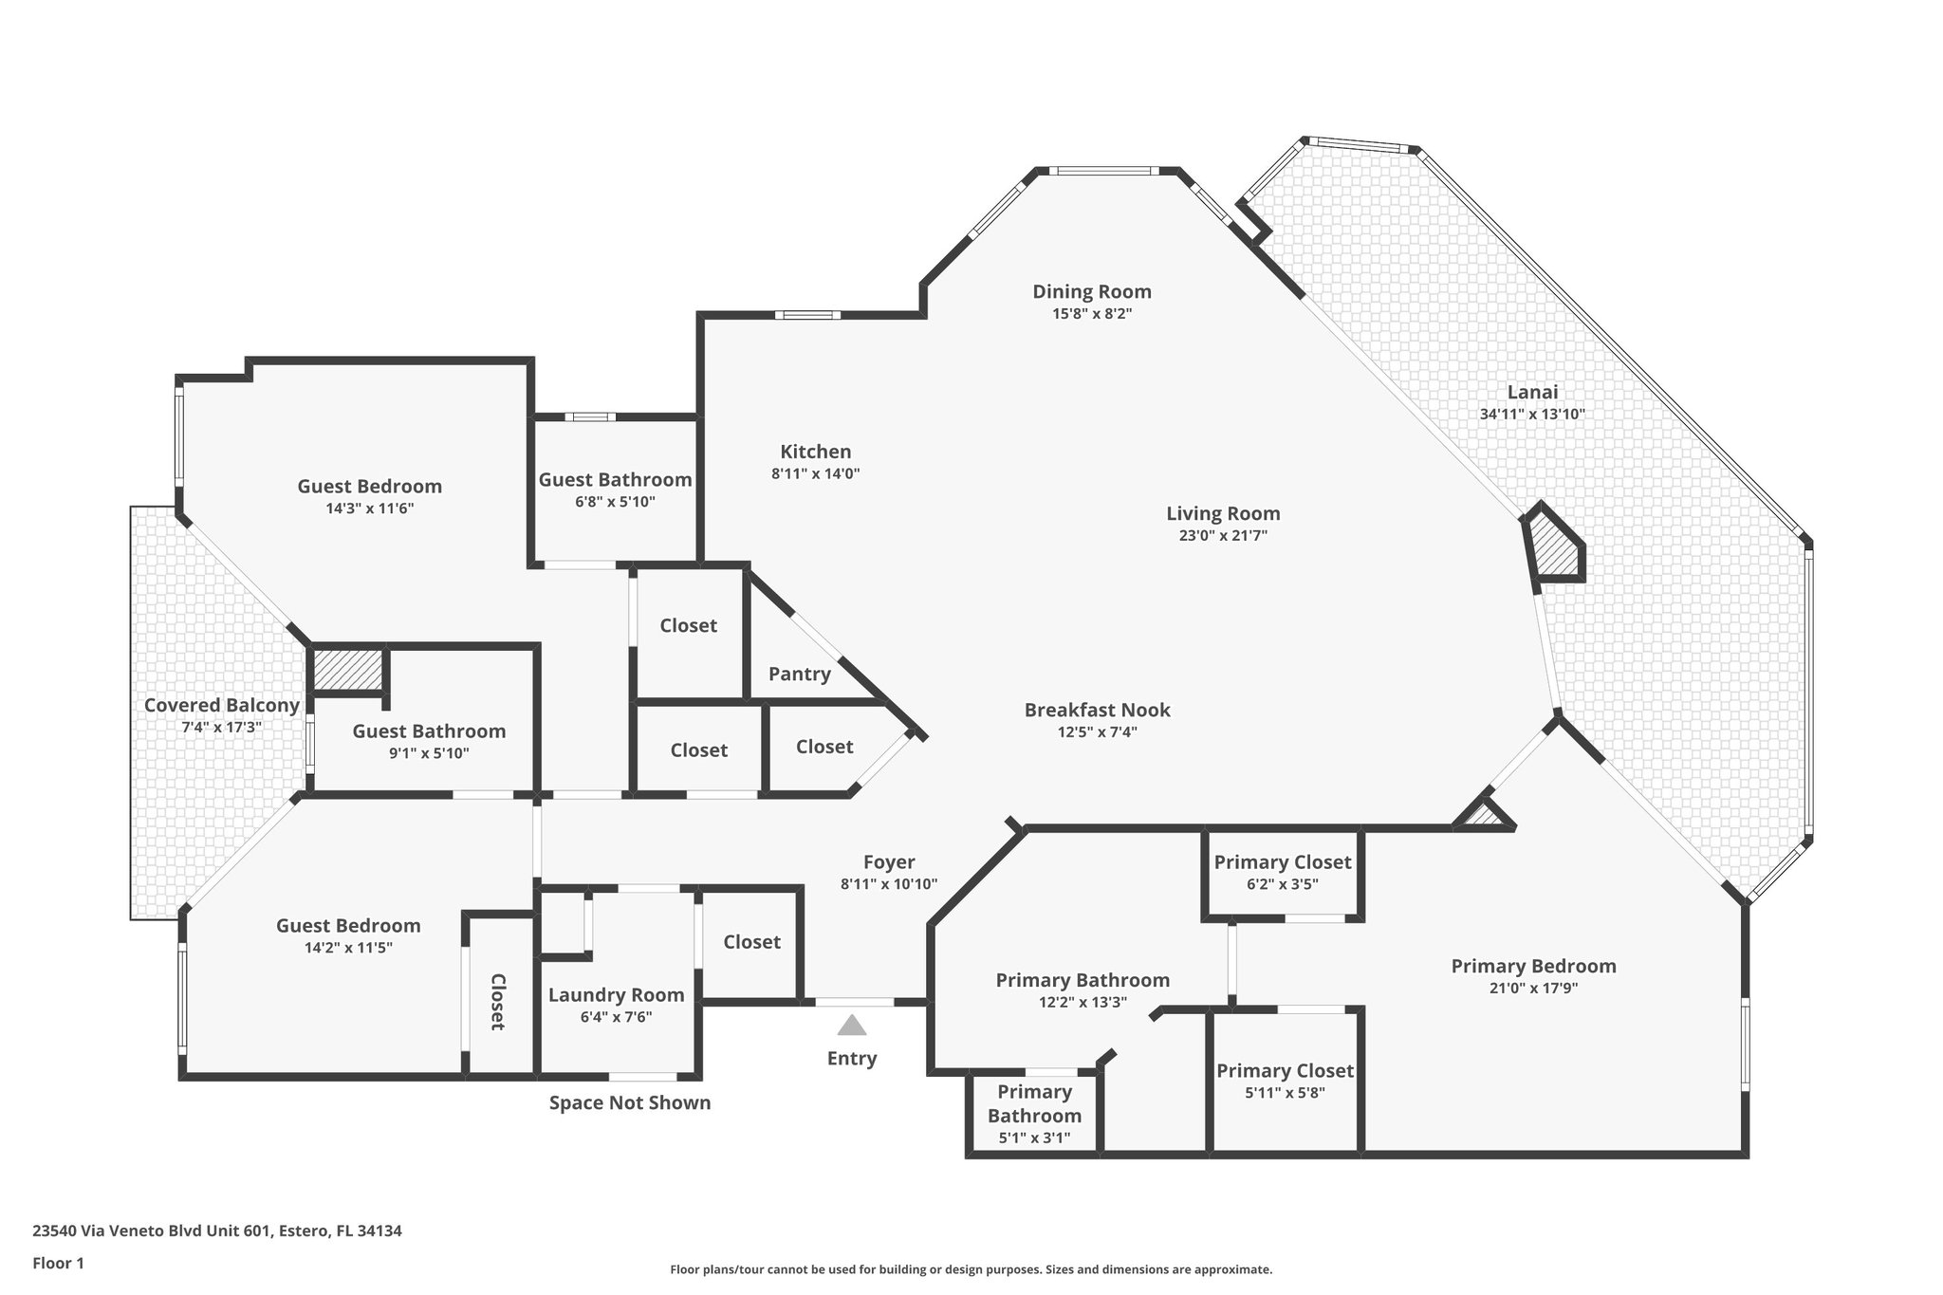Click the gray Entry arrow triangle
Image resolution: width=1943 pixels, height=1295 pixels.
tap(852, 1027)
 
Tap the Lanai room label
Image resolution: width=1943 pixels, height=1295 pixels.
tap(1532, 392)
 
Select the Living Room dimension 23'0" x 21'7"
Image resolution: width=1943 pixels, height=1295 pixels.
tap(1223, 535)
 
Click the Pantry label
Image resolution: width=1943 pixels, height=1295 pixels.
tap(799, 674)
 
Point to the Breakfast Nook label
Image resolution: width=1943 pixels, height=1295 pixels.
tap(1097, 710)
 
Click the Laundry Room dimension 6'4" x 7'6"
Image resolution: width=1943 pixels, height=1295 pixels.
tap(616, 1017)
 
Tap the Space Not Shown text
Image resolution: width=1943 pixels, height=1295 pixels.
tap(630, 1102)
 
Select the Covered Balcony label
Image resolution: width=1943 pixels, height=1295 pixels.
tap(221, 705)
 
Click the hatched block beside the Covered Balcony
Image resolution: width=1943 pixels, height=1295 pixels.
tap(347, 670)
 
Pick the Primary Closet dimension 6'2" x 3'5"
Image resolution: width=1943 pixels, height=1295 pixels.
tap(1282, 884)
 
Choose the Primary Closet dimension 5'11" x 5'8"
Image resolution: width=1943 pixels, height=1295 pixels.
tap(1285, 1092)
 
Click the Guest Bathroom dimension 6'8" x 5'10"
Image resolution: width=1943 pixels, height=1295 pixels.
tap(615, 502)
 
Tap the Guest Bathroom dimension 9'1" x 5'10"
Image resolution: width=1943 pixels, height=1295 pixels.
tap(429, 753)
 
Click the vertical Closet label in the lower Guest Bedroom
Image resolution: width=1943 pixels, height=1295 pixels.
tap(497, 1001)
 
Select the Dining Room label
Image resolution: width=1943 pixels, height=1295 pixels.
tap(1091, 291)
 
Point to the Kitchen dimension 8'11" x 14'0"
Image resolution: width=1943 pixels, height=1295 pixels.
tap(815, 473)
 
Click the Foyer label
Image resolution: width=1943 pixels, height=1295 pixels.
tap(889, 861)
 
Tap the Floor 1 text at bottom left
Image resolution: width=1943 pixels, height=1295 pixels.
tap(58, 1263)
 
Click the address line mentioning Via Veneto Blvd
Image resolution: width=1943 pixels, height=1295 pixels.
tap(217, 1230)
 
